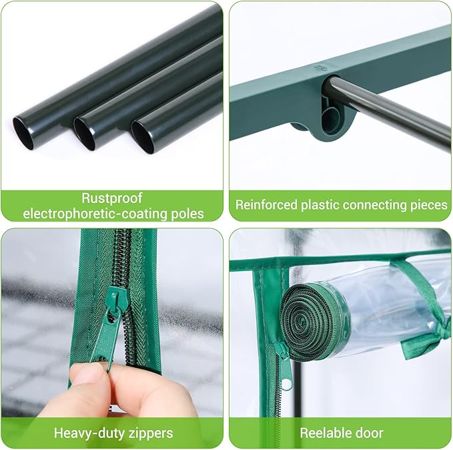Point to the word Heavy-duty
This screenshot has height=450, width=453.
click(x=85, y=433)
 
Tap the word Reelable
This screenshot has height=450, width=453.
click(x=325, y=433)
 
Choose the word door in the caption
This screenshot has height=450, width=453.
click(x=369, y=433)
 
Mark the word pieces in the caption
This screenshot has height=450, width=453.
click(x=426, y=206)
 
